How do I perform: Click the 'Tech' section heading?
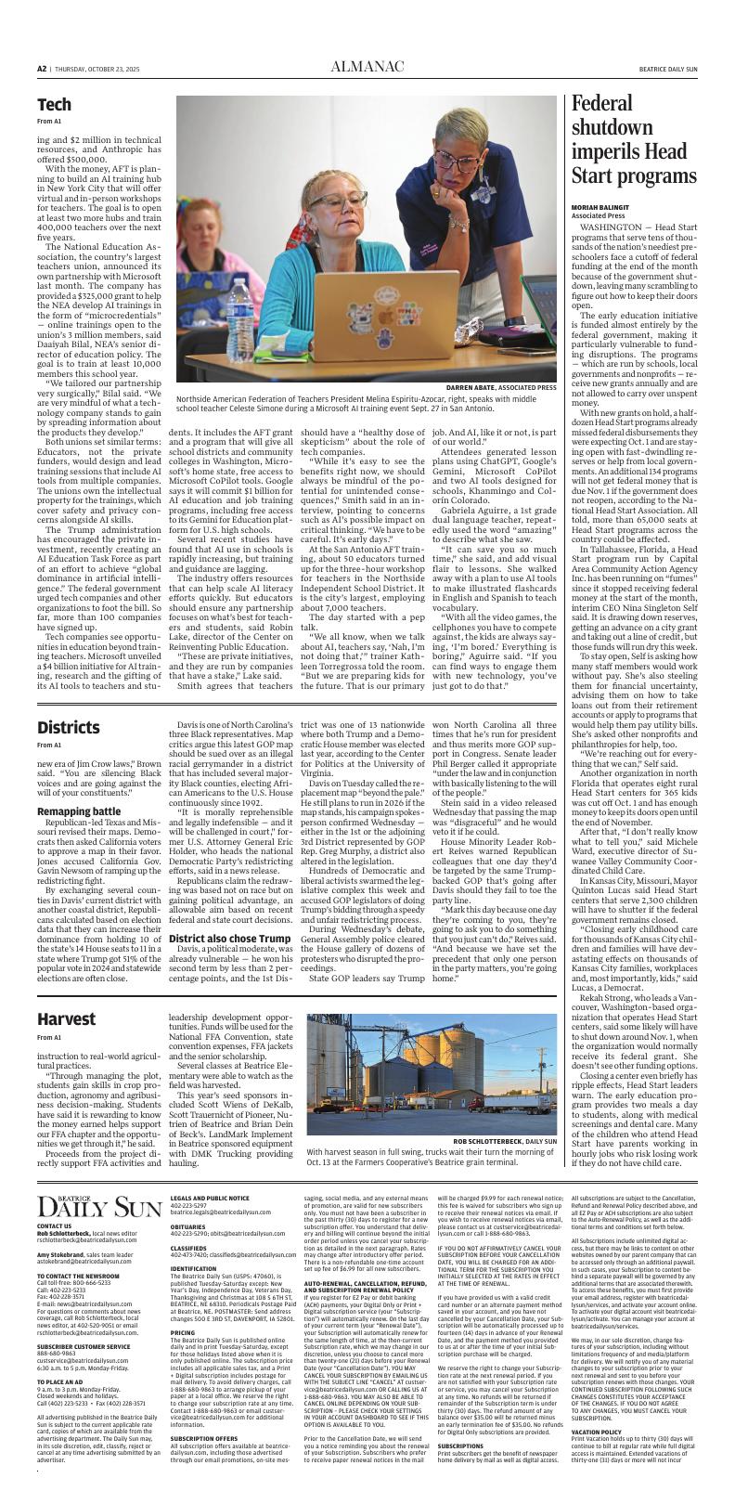click(54, 104)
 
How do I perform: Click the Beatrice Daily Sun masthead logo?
click(100, 1207)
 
